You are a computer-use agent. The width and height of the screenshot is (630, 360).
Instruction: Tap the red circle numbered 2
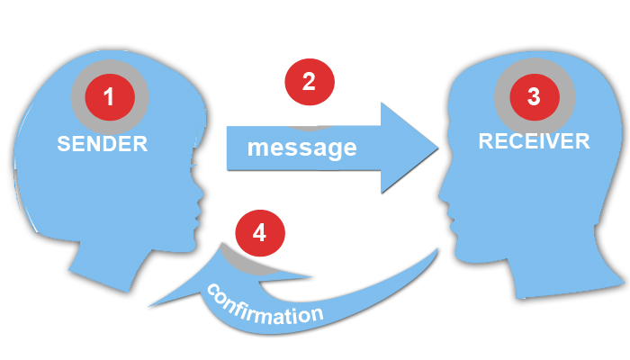pyautogui.click(x=309, y=83)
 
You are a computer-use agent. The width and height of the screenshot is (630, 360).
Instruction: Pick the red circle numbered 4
pyautogui.click(x=259, y=232)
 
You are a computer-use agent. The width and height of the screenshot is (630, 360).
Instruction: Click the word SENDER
pyautogui.click(x=102, y=143)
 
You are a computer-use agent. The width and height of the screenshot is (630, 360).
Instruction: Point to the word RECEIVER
pyautogui.click(x=534, y=140)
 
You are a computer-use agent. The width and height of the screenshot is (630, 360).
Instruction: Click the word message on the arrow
pyautogui.click(x=302, y=147)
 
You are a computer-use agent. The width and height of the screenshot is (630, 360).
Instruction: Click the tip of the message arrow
pyautogui.click(x=436, y=147)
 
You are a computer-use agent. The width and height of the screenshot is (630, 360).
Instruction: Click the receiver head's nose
pyautogui.click(x=439, y=188)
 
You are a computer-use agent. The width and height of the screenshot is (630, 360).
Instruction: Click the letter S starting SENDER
pyautogui.click(x=64, y=143)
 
